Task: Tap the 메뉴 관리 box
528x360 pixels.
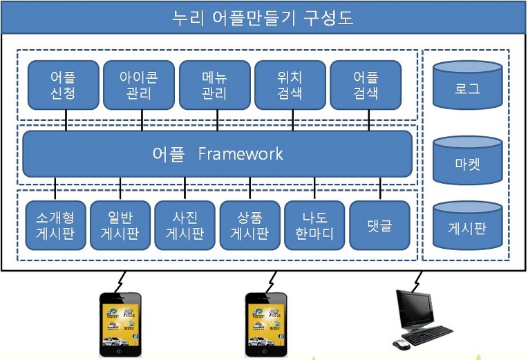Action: (214, 85)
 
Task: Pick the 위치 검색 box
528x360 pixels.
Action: (290, 85)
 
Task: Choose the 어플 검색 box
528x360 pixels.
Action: (366, 85)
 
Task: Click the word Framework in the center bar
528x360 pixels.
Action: (241, 153)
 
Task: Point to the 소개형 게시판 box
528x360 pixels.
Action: (55, 225)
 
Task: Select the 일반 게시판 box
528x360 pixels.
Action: (120, 225)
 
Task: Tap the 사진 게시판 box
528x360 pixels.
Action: (185, 225)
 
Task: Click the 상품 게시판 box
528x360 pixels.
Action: (249, 225)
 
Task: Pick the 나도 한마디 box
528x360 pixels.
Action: (314, 225)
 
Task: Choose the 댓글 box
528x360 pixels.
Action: (379, 225)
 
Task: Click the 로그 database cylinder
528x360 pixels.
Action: (468, 86)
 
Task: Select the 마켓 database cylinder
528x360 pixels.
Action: (468, 162)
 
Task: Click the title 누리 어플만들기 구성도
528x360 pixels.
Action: (263, 17)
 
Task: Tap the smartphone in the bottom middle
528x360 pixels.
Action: (266, 323)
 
